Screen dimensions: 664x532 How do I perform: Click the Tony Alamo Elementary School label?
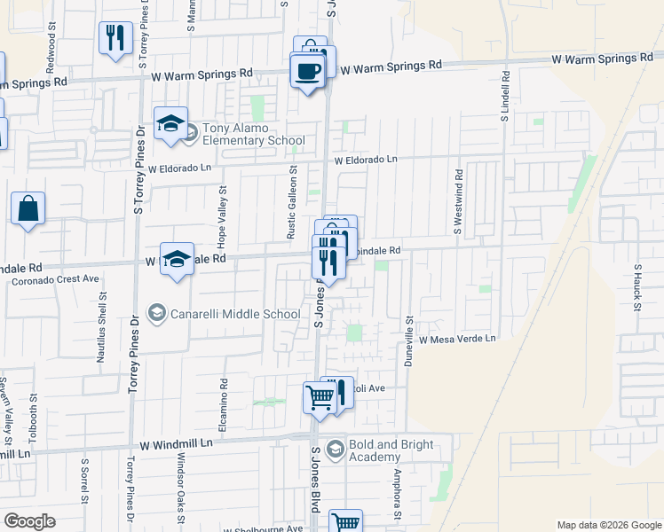(x=253, y=134)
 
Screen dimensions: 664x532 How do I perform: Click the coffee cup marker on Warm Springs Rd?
(x=307, y=71)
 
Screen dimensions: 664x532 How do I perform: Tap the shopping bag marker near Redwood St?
(x=28, y=209)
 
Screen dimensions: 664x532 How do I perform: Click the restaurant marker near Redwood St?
(x=115, y=38)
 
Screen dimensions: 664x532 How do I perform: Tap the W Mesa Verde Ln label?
(x=456, y=339)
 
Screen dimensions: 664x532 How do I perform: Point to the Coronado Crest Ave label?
(x=55, y=279)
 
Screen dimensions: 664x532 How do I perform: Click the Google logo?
(x=30, y=521)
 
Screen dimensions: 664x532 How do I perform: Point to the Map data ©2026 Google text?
(x=609, y=525)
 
